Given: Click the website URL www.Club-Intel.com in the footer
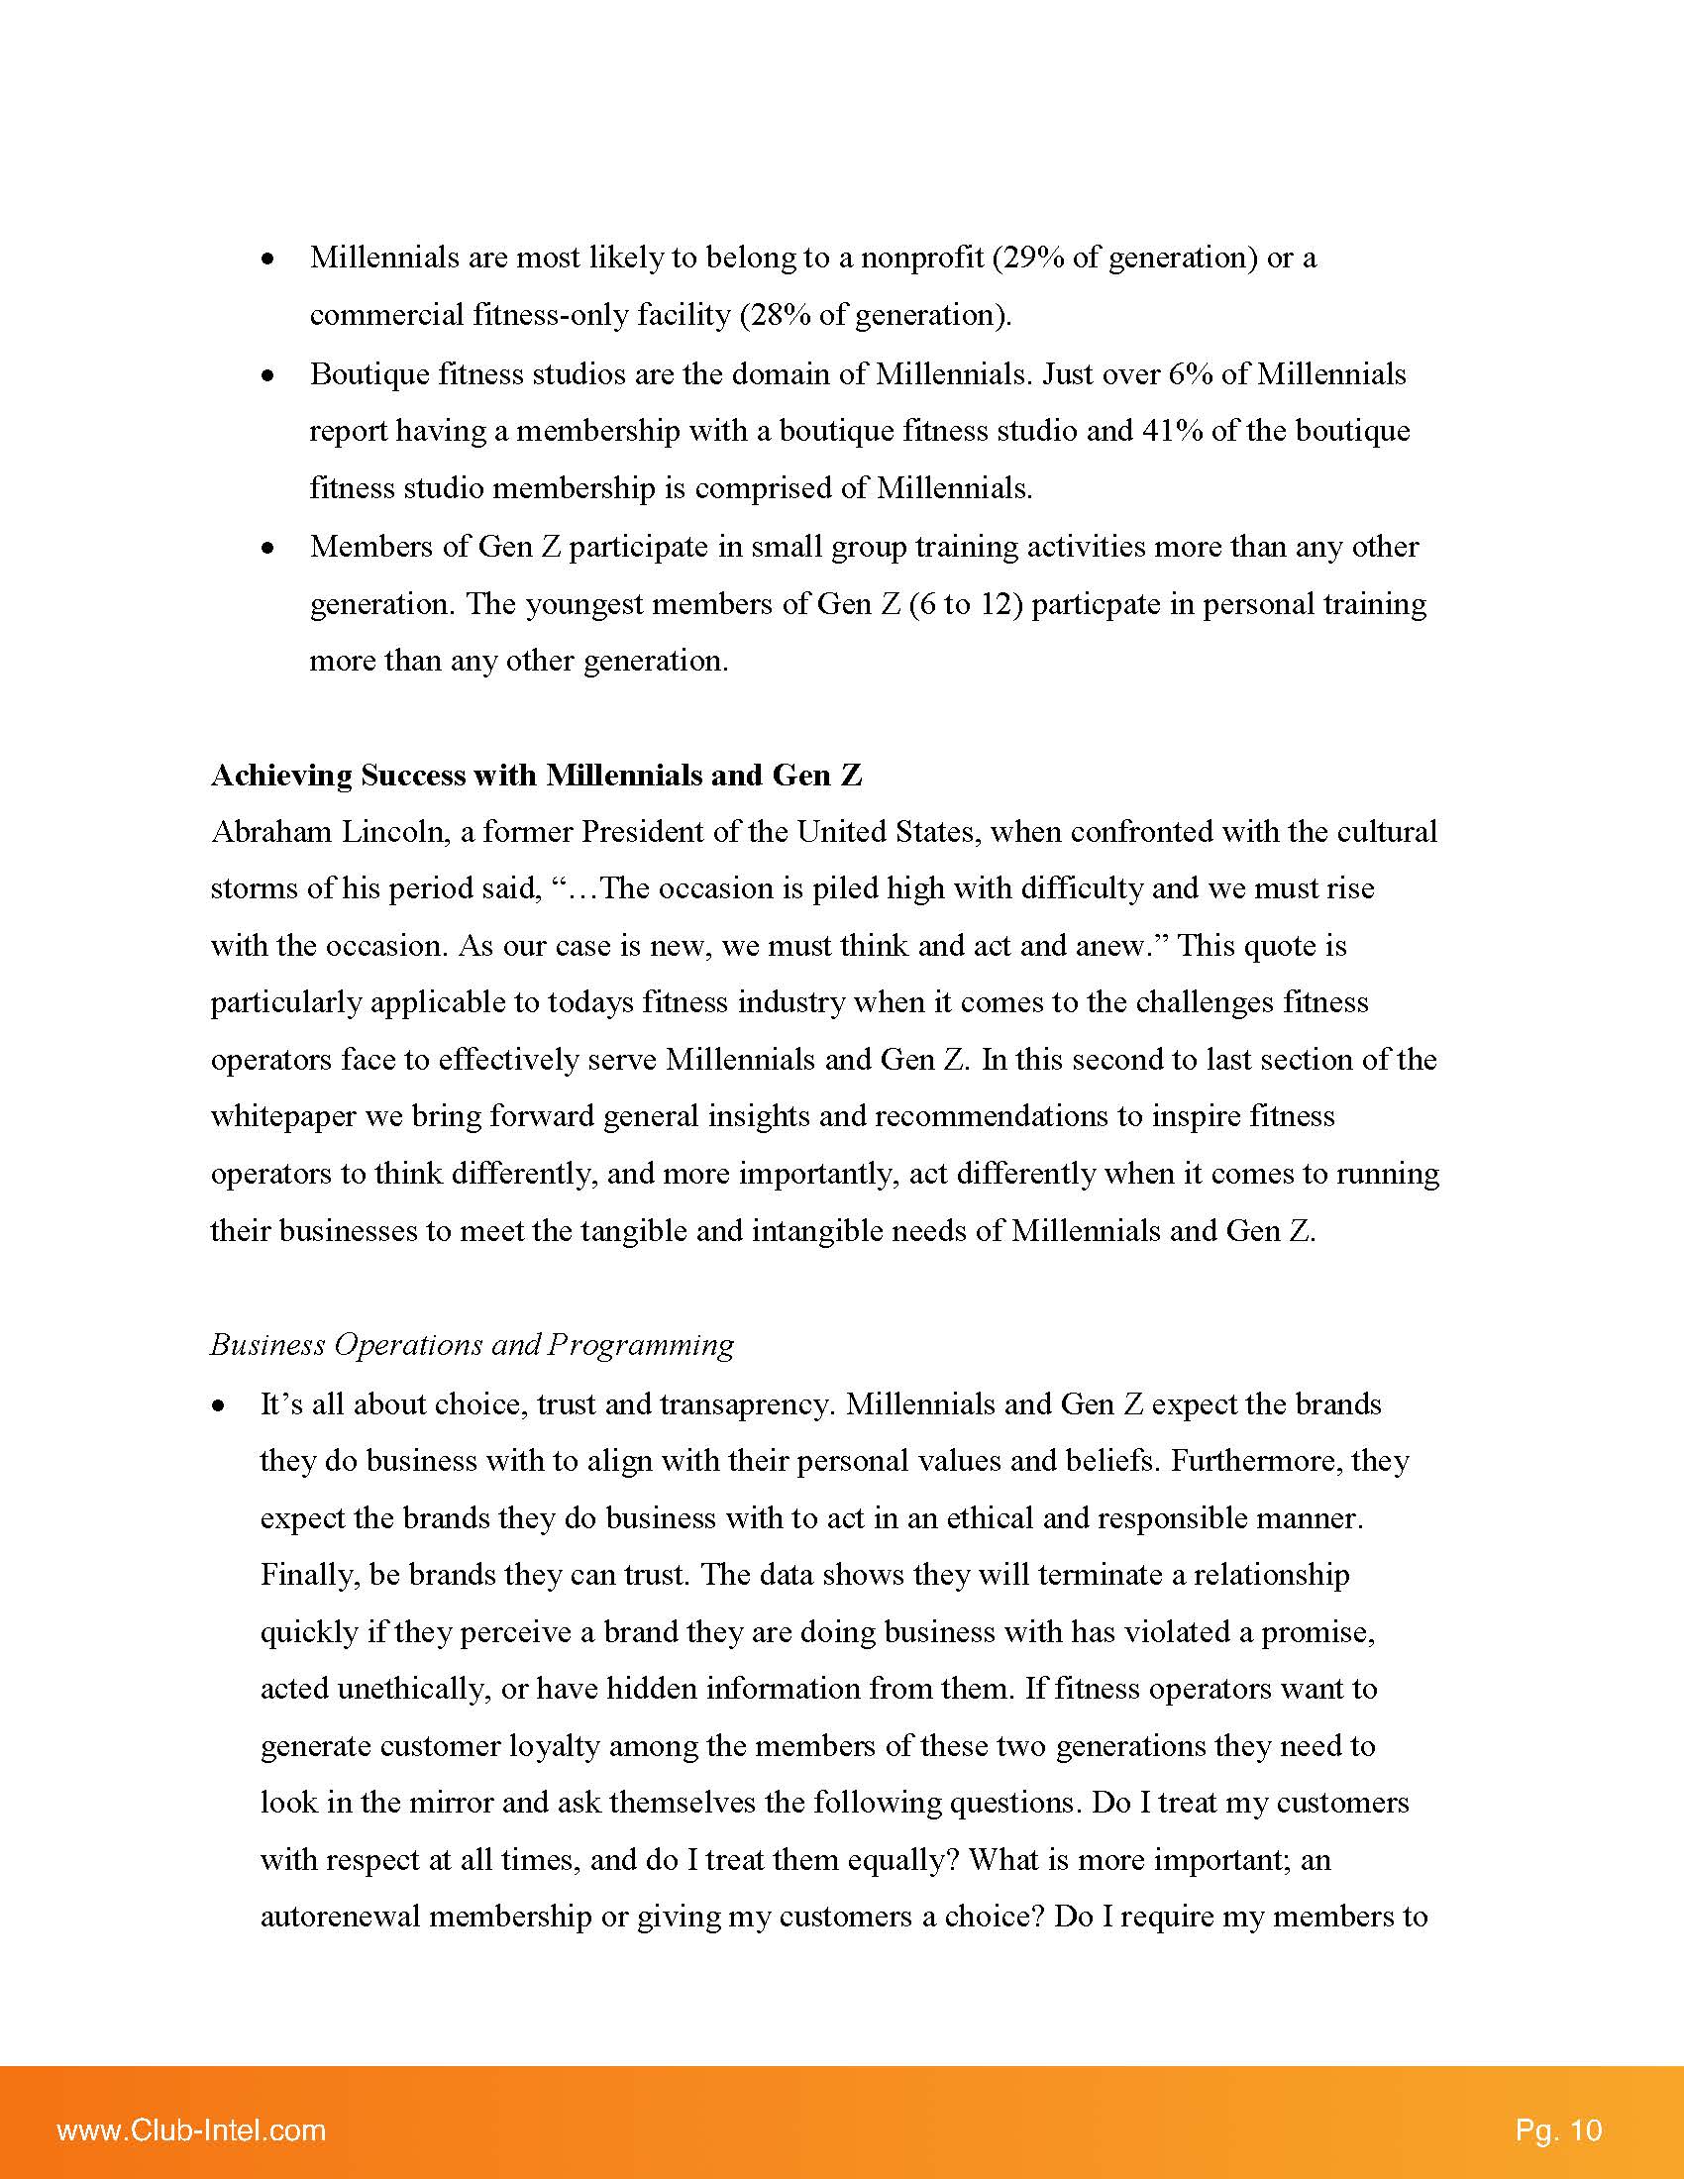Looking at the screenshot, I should (x=191, y=2130).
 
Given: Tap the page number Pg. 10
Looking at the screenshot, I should (x=1558, y=2130).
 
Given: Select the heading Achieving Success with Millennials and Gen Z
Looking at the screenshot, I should (x=536, y=776).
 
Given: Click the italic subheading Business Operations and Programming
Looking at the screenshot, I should (x=472, y=1345).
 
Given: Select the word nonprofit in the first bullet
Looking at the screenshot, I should (x=923, y=258).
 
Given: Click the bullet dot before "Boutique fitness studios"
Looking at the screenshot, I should (x=267, y=376).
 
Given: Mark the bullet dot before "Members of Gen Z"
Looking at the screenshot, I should (x=267, y=548).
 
